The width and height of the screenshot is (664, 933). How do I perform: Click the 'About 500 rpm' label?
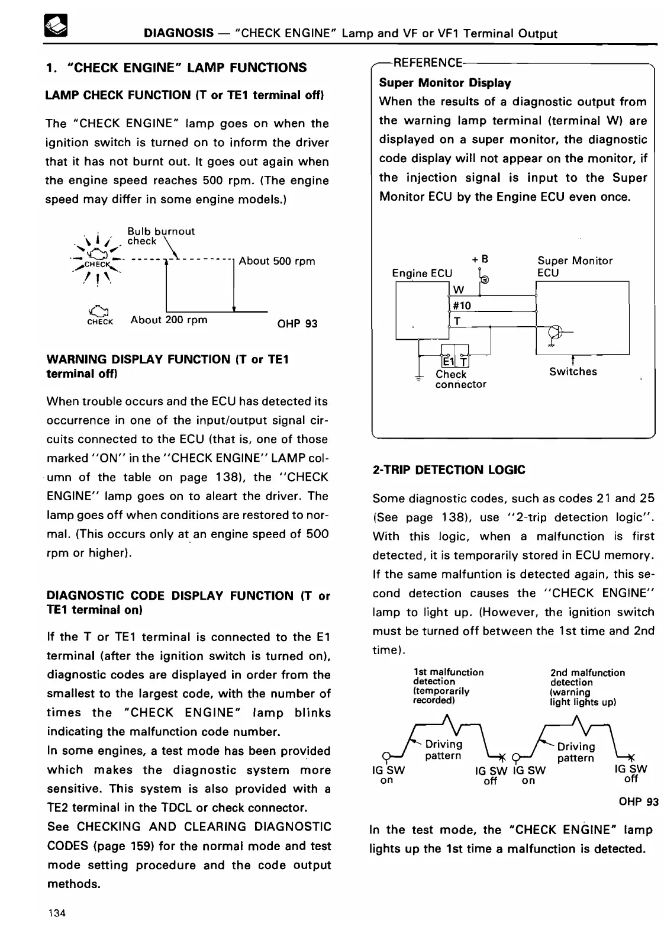[277, 261]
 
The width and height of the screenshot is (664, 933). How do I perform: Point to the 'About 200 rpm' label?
[169, 320]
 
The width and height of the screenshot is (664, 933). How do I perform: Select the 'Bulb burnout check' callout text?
[160, 236]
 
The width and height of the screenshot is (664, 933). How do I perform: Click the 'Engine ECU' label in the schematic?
[422, 273]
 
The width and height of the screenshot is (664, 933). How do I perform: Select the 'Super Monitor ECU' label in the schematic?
[574, 266]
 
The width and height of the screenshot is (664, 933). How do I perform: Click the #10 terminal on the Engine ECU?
[462, 305]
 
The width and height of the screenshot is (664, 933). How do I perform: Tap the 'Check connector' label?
[460, 379]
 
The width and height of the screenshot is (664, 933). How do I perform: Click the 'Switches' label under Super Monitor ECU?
[573, 372]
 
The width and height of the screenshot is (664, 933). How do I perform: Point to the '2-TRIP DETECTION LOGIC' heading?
[449, 470]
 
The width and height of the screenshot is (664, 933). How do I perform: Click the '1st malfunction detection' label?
[447, 686]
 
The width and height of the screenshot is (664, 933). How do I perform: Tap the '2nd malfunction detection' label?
[587, 687]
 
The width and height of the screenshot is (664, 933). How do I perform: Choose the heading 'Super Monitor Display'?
[444, 83]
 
